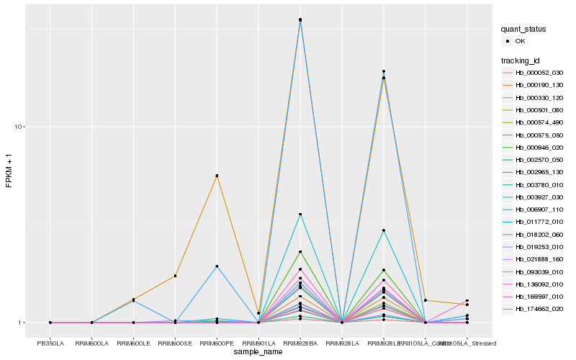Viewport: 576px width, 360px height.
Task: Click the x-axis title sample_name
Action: click(x=258, y=351)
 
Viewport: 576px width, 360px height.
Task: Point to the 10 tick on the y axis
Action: click(x=20, y=127)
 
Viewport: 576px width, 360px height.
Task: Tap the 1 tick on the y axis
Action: click(x=22, y=323)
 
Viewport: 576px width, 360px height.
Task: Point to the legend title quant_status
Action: click(x=524, y=29)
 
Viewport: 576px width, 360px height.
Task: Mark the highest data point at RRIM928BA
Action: click(x=300, y=19)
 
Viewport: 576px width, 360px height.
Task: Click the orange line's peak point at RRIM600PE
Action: click(x=217, y=176)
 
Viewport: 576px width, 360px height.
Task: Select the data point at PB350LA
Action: click(x=50, y=323)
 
